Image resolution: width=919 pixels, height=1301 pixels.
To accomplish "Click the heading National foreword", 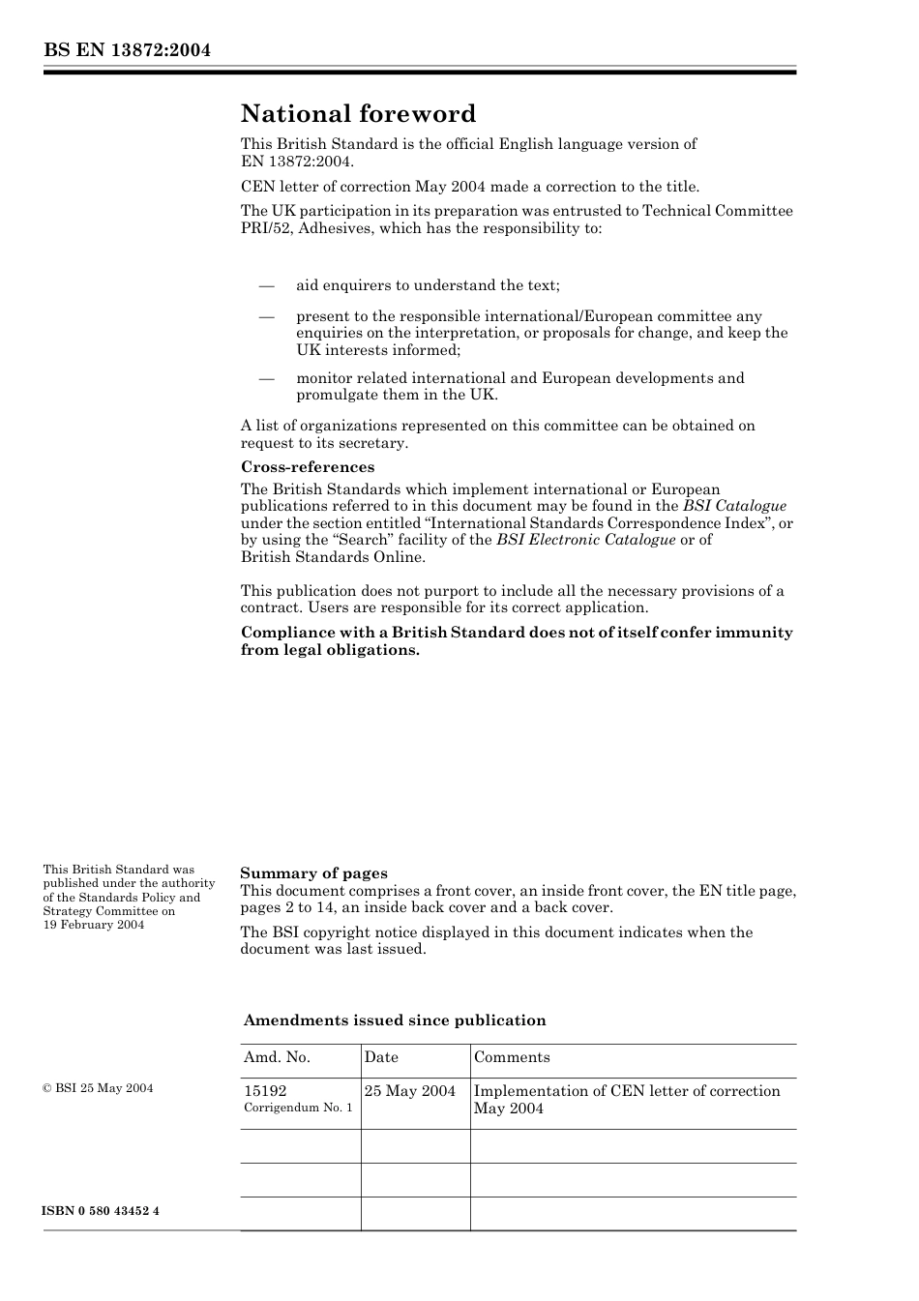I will (358, 114).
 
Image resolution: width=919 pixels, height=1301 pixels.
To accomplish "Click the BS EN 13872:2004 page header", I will (127, 50).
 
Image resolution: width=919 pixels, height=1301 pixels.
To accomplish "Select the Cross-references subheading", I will (307, 467).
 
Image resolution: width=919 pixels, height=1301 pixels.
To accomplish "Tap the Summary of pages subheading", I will (313, 873).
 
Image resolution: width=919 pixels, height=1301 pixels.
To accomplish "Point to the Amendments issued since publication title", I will (395, 1020).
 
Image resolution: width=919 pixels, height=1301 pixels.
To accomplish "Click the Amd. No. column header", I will (277, 1057).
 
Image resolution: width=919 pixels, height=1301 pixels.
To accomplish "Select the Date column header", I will (381, 1057).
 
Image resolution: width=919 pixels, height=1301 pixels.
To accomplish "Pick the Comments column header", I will (512, 1057).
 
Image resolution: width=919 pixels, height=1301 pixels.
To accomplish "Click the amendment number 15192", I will (265, 1091).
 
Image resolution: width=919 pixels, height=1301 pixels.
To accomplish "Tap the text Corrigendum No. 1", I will (298, 1108).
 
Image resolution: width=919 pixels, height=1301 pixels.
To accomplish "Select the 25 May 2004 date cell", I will (410, 1091).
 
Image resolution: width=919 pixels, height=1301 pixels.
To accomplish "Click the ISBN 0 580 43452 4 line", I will (101, 1212).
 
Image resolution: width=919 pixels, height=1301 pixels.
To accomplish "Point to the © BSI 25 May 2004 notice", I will (98, 1088).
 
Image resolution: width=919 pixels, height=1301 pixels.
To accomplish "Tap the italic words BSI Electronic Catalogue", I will (585, 540).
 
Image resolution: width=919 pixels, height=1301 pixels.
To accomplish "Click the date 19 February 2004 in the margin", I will (93, 925).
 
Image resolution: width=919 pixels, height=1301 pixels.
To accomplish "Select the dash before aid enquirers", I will (266, 285).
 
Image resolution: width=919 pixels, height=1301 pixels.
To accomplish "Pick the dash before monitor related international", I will (266, 378).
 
